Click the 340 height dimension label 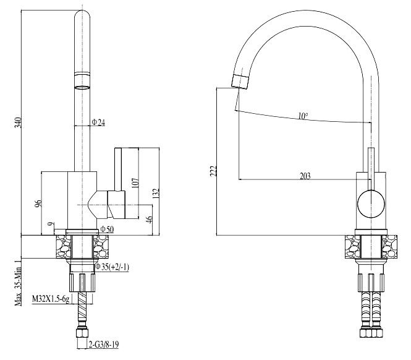tap(18, 122)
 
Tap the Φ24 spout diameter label tap(98, 122)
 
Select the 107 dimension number tap(135, 184)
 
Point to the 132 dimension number tap(156, 194)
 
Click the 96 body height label tap(38, 204)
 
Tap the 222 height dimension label tap(212, 170)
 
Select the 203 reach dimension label tap(304, 176)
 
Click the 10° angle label tap(302, 116)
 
